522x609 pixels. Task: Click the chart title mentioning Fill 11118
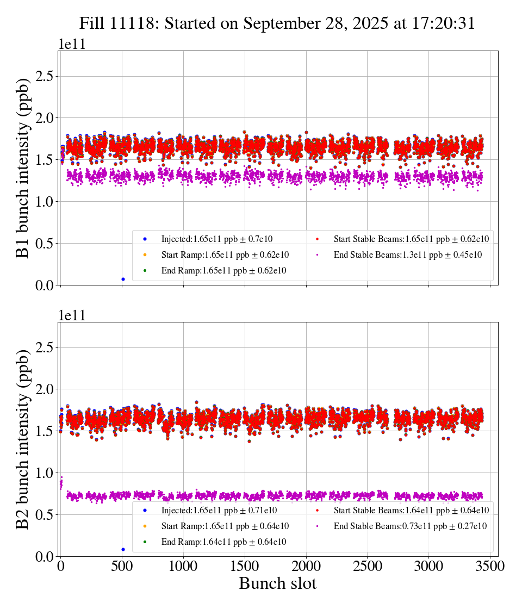[x=277, y=23]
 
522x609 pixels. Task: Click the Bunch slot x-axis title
[x=277, y=584]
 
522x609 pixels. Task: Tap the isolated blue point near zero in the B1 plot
[x=123, y=279]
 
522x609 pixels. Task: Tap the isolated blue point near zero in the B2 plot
[x=123, y=549]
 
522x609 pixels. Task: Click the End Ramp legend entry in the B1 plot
[x=223, y=270]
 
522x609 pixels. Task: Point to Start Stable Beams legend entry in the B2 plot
[x=410, y=510]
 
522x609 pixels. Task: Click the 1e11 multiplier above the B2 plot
[x=72, y=316]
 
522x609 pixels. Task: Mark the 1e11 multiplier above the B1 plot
[x=72, y=45]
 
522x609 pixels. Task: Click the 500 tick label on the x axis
[x=122, y=567]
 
